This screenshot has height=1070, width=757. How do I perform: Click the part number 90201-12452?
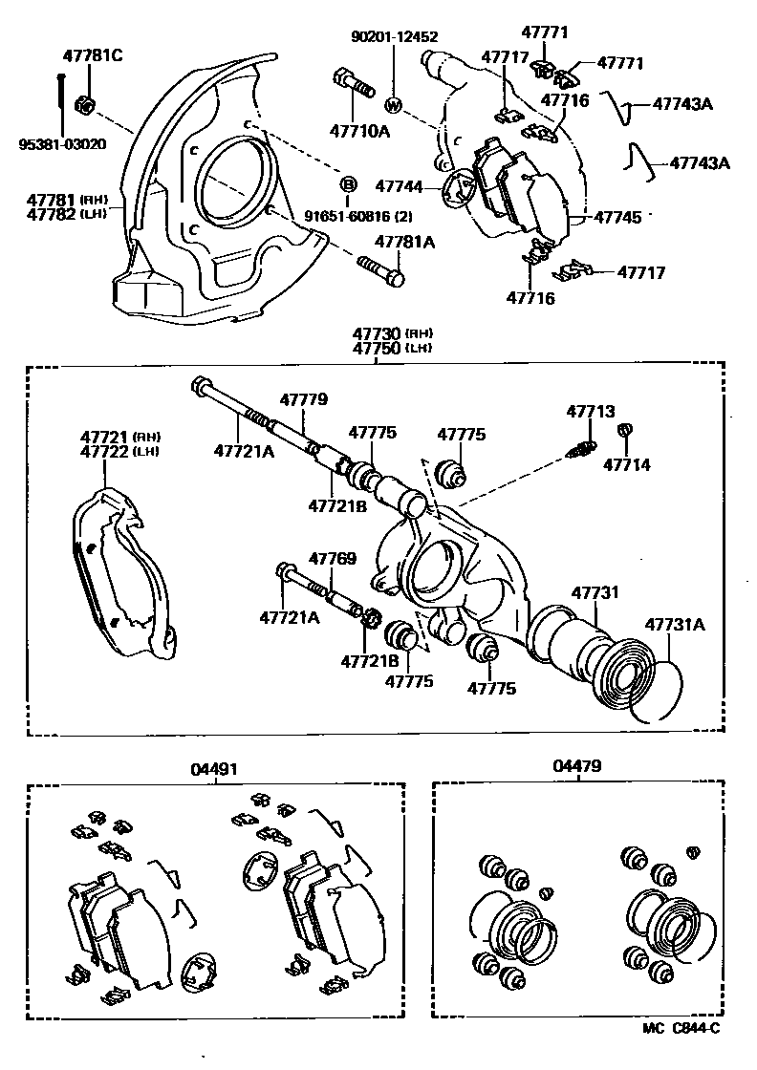pos(394,37)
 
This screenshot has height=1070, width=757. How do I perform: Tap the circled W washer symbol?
pos(393,104)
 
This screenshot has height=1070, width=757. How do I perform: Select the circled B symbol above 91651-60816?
pos(349,183)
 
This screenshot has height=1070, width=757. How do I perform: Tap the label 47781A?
pos(404,242)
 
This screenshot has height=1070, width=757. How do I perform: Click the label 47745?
pos(616,217)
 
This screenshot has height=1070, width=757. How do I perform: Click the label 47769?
pos(332,558)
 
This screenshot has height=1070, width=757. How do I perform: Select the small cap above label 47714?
pos(626,432)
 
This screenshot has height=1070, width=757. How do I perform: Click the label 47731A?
pos(674,624)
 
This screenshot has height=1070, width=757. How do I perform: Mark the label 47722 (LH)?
pos(119,451)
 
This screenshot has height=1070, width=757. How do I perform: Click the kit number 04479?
pos(577,766)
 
